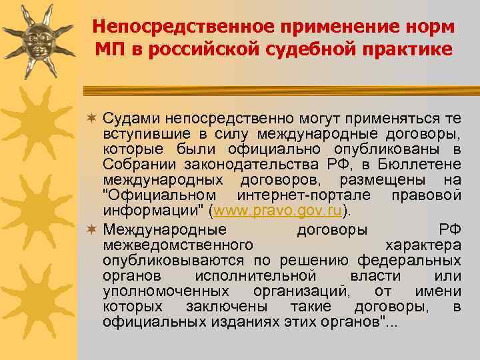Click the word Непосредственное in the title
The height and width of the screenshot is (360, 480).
[x=165, y=27]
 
